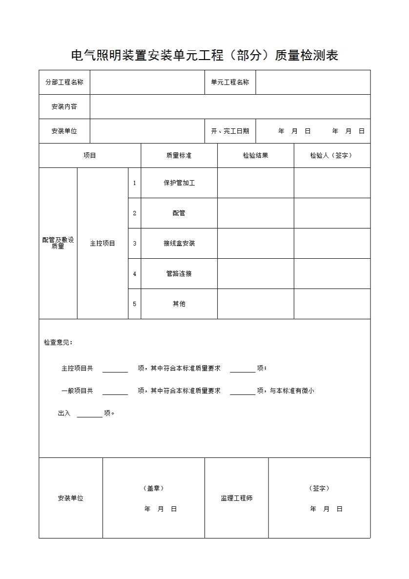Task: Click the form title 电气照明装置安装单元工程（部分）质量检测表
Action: (204, 56)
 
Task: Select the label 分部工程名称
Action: (64, 82)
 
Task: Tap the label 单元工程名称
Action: (230, 82)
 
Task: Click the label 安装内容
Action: (64, 106)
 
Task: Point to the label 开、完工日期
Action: (230, 131)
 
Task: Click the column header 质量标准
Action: (179, 155)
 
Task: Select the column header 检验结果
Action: (255, 155)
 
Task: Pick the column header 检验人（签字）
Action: (331, 155)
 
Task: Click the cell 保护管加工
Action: (179, 183)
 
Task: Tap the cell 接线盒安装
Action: (179, 243)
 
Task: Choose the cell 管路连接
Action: (179, 273)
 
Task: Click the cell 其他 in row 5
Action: (179, 304)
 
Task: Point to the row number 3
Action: (135, 243)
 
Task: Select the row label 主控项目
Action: (102, 243)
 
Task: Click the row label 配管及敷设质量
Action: (58, 243)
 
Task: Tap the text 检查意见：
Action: (58, 342)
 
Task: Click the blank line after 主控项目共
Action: (115, 370)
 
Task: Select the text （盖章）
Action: (153, 488)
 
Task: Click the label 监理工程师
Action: (236, 498)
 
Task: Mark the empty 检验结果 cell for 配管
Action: (255, 213)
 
